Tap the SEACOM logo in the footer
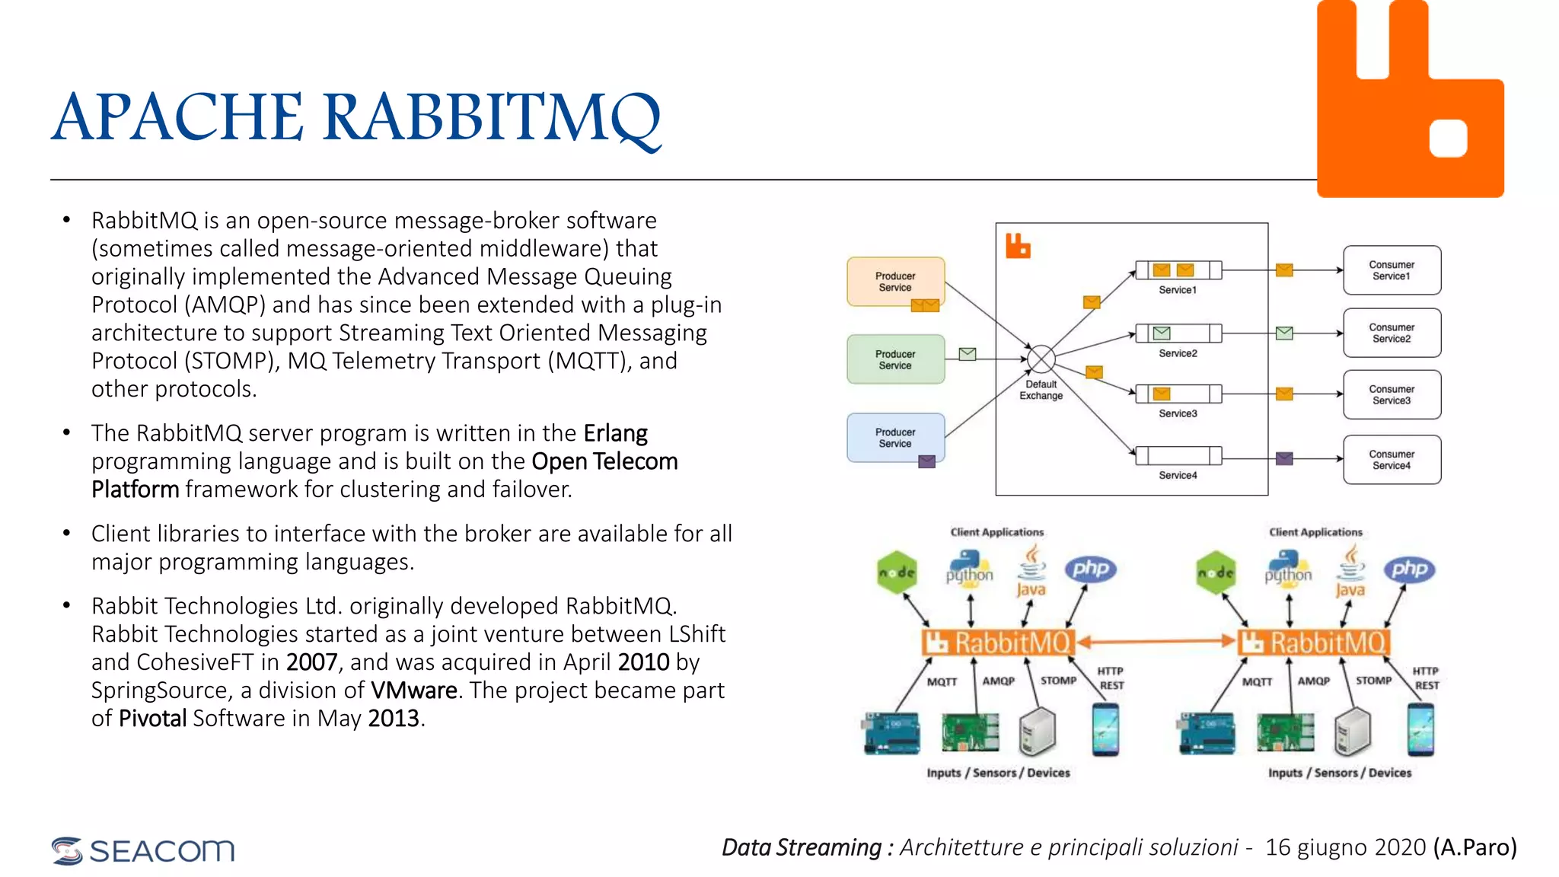pyautogui.click(x=143, y=850)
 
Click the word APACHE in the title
pyautogui.click(x=178, y=118)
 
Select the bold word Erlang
pyautogui.click(x=615, y=433)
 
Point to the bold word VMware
pyautogui.click(x=414, y=690)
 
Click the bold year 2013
pyautogui.click(x=394, y=719)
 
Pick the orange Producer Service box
pyautogui.click(x=895, y=282)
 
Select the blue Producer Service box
pyautogui.click(x=895, y=438)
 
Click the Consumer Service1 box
pyautogui.click(x=1392, y=270)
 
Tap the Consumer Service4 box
pyautogui.click(x=1392, y=460)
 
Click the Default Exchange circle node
pyautogui.click(x=1041, y=359)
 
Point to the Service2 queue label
pyautogui.click(x=1178, y=353)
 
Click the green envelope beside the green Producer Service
pyautogui.click(x=967, y=354)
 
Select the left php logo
pyautogui.click(x=1091, y=569)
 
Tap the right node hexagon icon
pyautogui.click(x=1216, y=572)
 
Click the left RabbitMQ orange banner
pyautogui.click(x=999, y=643)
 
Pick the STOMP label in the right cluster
pyautogui.click(x=1373, y=681)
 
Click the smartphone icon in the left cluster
pyautogui.click(x=1105, y=729)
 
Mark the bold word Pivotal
pyautogui.click(x=152, y=719)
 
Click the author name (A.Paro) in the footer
pyautogui.click(x=1475, y=847)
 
